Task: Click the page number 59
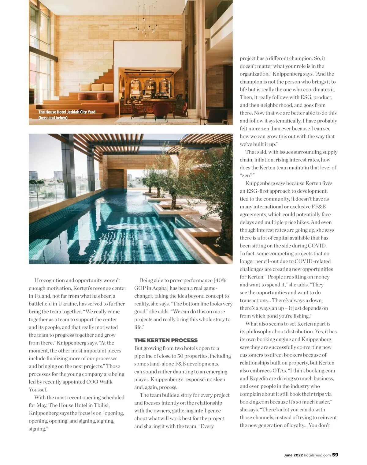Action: point(335,455)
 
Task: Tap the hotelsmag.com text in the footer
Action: point(317,455)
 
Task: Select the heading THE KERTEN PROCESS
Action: point(166,340)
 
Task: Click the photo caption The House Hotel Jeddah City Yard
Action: point(67,112)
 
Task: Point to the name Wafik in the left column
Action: point(106,382)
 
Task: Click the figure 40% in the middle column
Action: point(220,280)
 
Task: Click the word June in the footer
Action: point(288,455)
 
